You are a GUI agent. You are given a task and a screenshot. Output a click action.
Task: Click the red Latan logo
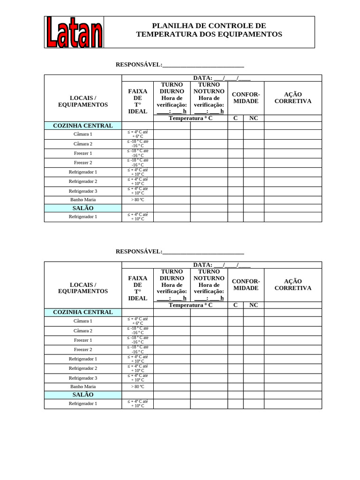tap(75, 32)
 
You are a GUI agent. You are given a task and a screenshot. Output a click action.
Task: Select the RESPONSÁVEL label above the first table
tap(139, 65)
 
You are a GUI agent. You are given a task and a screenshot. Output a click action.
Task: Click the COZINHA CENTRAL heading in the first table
tap(83, 126)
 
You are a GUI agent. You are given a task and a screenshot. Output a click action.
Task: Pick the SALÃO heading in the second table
tap(83, 395)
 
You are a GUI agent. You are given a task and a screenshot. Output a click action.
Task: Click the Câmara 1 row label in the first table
tap(83, 135)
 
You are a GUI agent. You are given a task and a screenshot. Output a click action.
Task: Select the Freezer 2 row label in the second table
tap(83, 350)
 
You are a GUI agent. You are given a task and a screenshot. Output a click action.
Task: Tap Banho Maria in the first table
tap(83, 200)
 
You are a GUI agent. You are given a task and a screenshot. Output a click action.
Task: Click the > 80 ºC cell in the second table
tap(137, 387)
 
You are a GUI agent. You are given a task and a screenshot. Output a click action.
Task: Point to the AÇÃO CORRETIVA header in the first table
tap(293, 97)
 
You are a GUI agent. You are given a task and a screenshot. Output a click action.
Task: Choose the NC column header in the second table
tap(254, 305)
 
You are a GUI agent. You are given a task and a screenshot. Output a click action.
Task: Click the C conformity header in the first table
tap(235, 118)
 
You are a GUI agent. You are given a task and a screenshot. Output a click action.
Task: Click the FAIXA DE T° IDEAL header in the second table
tap(137, 288)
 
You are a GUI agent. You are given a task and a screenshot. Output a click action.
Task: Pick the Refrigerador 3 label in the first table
tap(83, 191)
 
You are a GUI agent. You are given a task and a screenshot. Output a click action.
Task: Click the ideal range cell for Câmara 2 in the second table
tap(137, 330)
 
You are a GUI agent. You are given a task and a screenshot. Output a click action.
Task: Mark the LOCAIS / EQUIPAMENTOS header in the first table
tap(83, 101)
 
